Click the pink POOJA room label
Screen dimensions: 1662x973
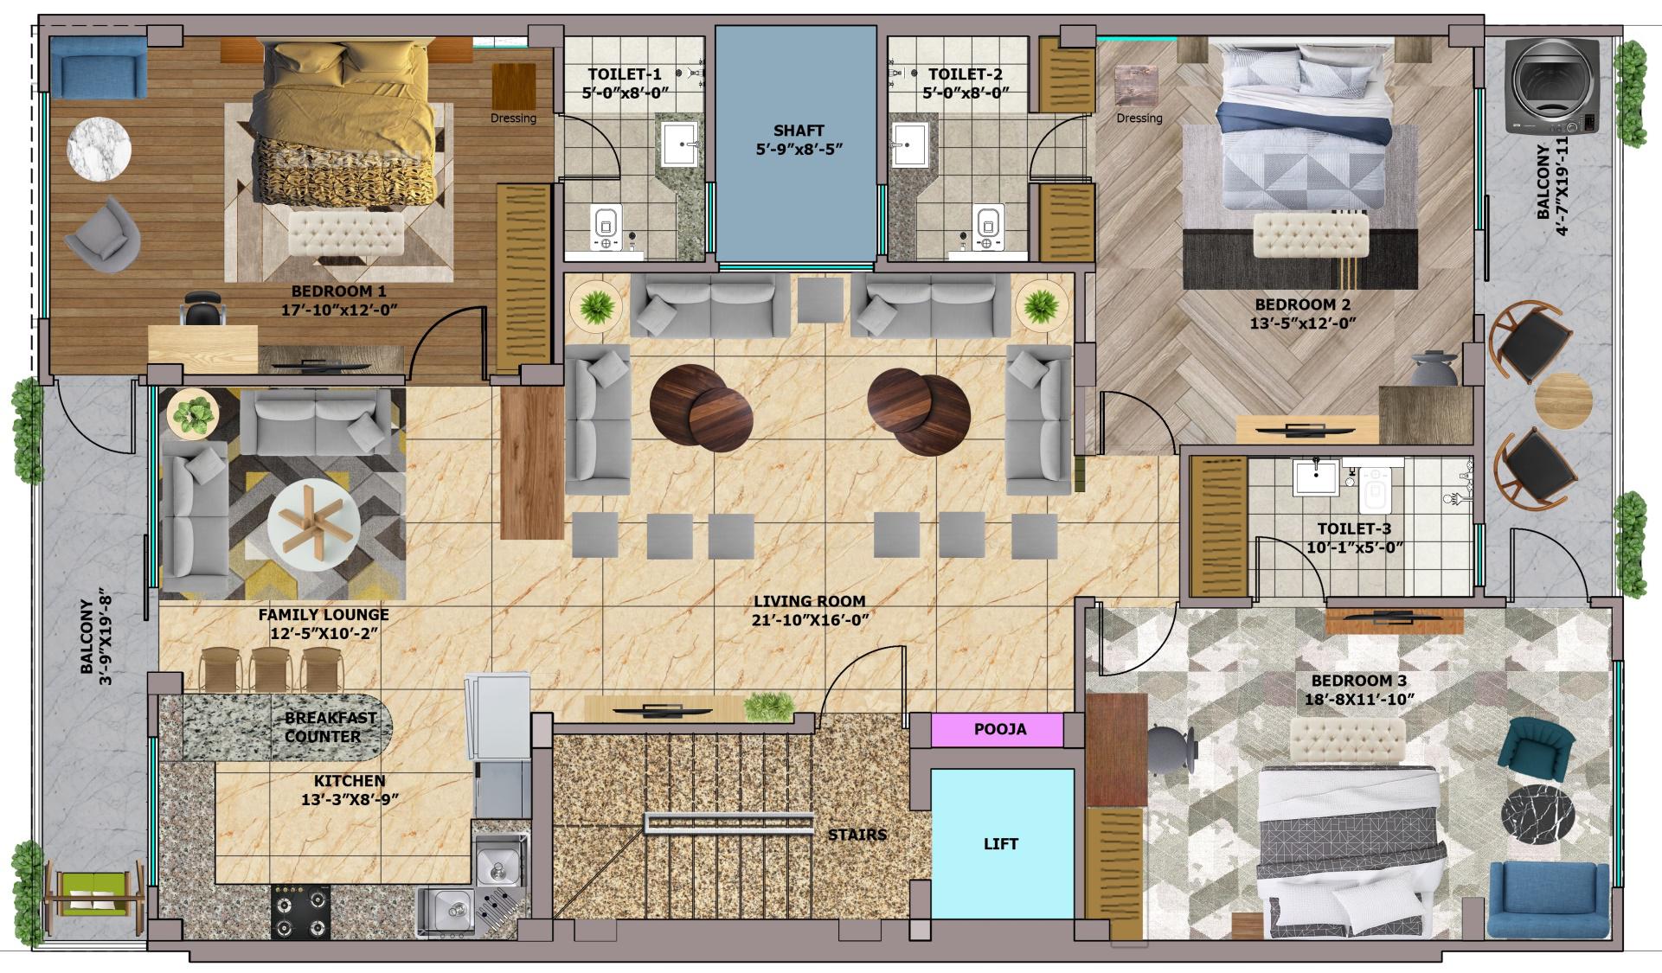click(x=999, y=729)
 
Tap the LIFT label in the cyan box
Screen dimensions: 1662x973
click(x=1001, y=843)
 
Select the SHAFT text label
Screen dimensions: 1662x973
click(x=799, y=131)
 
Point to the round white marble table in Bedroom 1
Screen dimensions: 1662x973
click(x=99, y=149)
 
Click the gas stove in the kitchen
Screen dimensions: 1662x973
click(x=300, y=912)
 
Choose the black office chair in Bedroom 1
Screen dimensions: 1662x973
click(x=204, y=307)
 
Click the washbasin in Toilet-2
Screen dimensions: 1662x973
click(x=911, y=144)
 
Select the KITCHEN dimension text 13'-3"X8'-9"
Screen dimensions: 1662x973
click(x=350, y=800)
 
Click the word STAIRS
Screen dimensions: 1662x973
click(x=857, y=835)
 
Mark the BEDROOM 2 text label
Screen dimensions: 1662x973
click(x=1302, y=304)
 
